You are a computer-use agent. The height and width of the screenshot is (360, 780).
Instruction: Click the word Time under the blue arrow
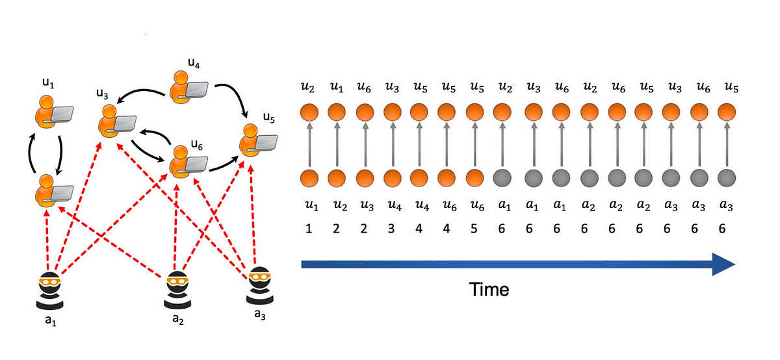pos(489,290)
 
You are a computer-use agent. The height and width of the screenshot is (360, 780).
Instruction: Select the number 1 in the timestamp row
pos(309,229)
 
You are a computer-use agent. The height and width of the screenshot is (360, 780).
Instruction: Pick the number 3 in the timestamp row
pos(391,229)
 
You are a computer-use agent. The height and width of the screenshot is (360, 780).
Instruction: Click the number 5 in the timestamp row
pos(473,229)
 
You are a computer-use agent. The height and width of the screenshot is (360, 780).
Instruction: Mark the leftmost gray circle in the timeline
pos(500,177)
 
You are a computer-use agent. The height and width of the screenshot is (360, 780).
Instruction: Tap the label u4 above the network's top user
pos(193,63)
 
